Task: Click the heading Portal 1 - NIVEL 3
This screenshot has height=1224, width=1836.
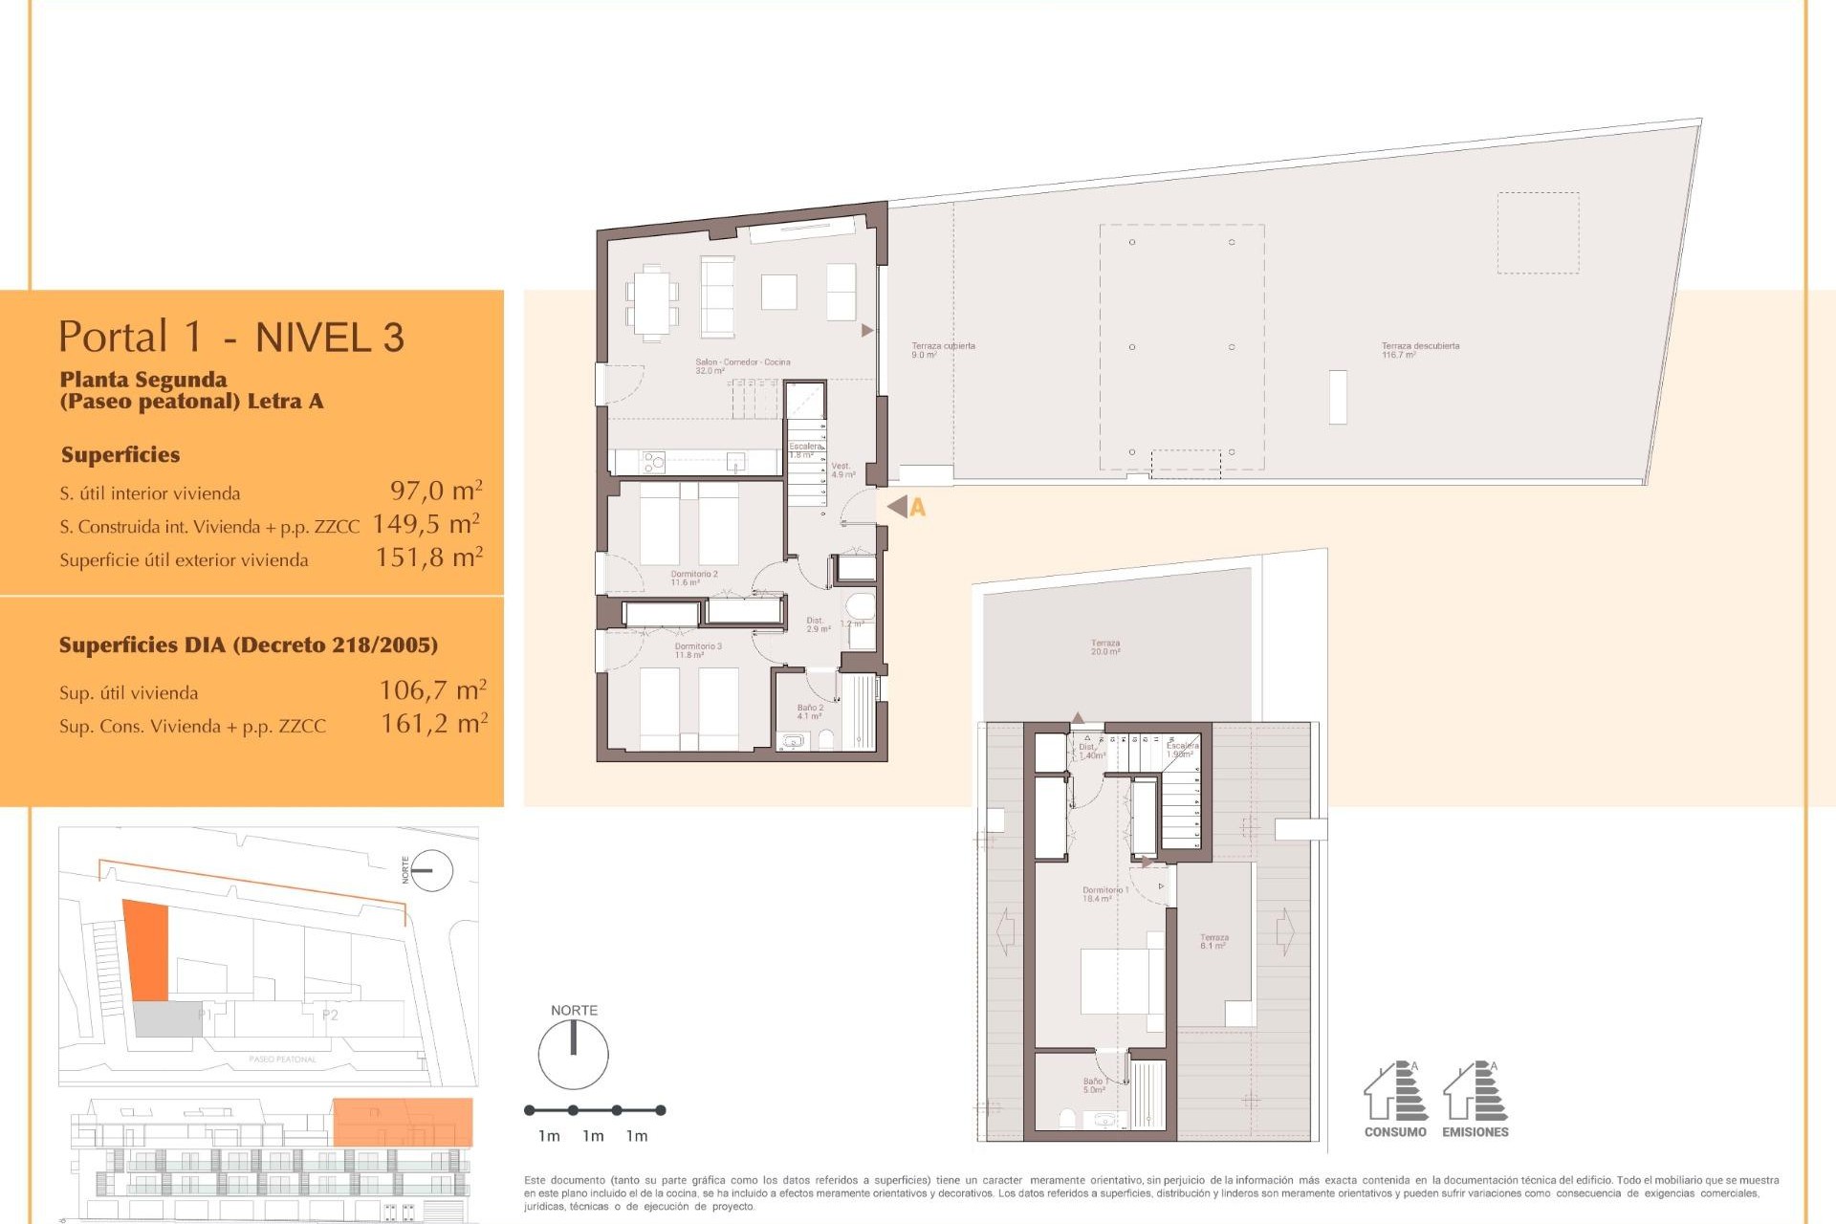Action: [x=231, y=338]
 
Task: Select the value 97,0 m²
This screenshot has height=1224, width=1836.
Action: [x=436, y=492]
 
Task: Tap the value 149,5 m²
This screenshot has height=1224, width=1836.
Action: [x=426, y=524]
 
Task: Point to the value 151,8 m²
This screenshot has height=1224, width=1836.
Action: [x=429, y=557]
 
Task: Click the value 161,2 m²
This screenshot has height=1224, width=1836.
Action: [x=434, y=724]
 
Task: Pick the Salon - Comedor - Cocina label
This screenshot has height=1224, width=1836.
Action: [x=742, y=365]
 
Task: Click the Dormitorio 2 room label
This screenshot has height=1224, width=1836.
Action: [x=693, y=578]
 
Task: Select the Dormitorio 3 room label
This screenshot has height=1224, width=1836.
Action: [x=698, y=650]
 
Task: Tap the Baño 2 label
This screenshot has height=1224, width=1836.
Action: [x=809, y=711]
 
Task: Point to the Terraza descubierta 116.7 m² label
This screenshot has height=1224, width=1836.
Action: [x=1419, y=350]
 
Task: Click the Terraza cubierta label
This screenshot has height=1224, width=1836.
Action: [x=942, y=350]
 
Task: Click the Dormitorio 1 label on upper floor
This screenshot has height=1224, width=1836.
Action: [x=1104, y=894]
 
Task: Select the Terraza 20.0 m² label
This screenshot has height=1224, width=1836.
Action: [x=1105, y=647]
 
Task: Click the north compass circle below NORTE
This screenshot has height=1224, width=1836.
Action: [x=573, y=1055]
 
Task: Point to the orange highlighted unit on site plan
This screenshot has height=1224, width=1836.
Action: [x=147, y=950]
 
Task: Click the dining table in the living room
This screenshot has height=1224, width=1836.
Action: [x=652, y=302]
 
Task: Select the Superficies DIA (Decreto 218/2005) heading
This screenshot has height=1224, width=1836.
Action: [x=249, y=645]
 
